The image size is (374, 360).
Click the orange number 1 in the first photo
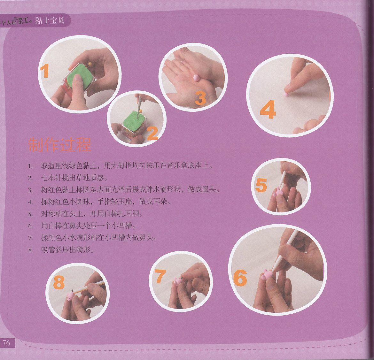pos(45,71)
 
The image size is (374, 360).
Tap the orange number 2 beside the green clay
pos(152,133)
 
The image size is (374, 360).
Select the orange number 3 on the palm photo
pos(200,98)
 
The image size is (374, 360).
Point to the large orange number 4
pos(268,110)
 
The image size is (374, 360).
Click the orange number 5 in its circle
pos(261,185)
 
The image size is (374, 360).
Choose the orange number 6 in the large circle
pos(240,278)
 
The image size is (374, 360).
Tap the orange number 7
pos(160,276)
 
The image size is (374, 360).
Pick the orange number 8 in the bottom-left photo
pos(59,282)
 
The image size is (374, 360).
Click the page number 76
pos(6,343)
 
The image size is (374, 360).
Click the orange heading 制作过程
pos(60,144)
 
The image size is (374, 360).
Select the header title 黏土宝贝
pos(50,20)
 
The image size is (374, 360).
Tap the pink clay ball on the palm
pos(196,78)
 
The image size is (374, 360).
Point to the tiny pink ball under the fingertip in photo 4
pos(286,94)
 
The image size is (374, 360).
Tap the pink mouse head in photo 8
pos(71,295)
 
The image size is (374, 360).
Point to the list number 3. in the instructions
pos(30,190)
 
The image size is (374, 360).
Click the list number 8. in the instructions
pos(30,250)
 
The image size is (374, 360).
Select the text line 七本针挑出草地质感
pos(74,178)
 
